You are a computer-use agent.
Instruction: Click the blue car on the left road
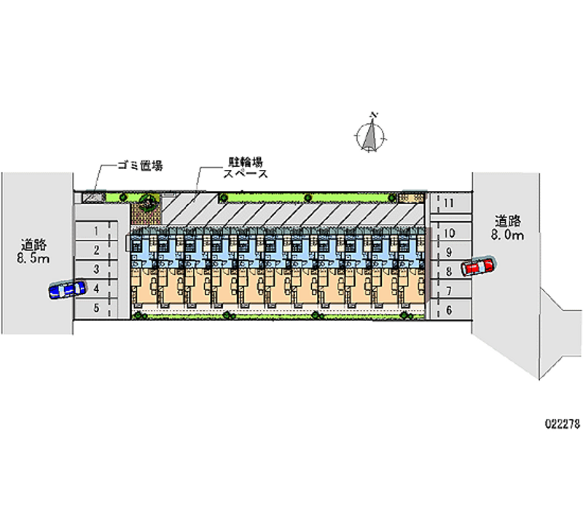coord(66,290)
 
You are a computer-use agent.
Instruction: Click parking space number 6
coord(449,310)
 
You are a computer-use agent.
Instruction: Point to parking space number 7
coord(449,291)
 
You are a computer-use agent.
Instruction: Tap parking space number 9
coord(449,252)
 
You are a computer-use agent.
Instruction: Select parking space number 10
coord(449,233)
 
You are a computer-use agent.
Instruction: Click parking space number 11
coord(449,203)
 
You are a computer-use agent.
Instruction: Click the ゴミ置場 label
coord(140,165)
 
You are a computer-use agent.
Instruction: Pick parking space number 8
coord(449,271)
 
